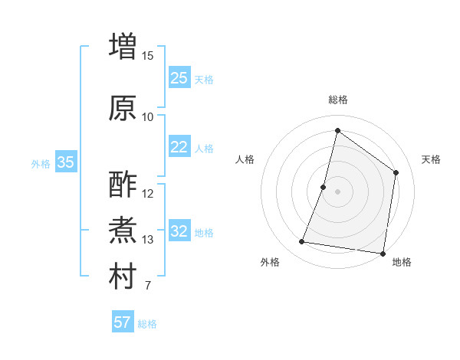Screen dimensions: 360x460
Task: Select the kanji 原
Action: coord(123,108)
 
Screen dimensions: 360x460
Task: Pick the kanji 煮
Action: coord(123,231)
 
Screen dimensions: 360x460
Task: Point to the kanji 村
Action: coord(123,277)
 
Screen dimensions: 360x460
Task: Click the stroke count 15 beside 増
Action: coord(148,55)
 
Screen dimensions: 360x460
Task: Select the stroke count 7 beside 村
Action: coord(147,286)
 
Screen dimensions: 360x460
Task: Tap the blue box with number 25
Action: coord(179,78)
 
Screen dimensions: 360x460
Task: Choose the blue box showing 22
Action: coord(179,147)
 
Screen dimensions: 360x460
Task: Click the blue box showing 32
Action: coord(179,231)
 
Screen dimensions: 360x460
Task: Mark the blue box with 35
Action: coord(66,162)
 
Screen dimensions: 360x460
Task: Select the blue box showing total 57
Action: coord(123,322)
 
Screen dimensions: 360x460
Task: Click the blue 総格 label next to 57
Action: coord(147,324)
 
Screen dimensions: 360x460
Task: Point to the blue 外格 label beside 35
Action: coord(41,163)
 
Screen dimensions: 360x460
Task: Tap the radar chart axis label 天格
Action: coord(431,159)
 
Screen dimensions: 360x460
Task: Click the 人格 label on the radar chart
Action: coord(245,159)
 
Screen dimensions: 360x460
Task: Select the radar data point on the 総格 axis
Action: coord(337,130)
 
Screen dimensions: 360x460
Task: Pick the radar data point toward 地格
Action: coord(383,253)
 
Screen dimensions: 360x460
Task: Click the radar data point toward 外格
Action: coord(301,242)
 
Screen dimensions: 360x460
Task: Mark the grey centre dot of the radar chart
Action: coord(337,191)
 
